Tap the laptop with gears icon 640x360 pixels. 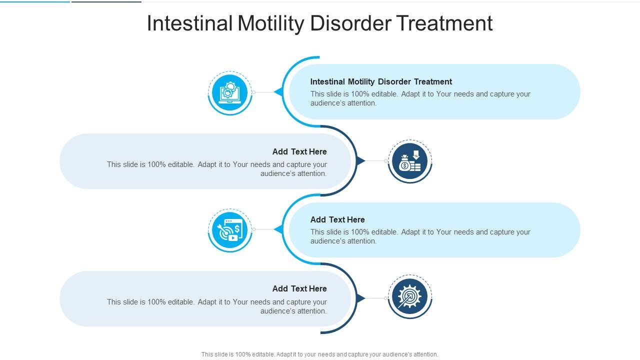[x=230, y=92]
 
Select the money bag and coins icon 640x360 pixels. [x=410, y=161]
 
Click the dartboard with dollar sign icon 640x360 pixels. [x=230, y=230]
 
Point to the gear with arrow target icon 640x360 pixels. [x=410, y=298]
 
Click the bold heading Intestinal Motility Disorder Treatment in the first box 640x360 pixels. [x=381, y=81]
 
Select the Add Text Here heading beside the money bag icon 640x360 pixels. [x=299, y=151]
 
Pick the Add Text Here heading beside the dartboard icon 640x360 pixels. [x=337, y=219]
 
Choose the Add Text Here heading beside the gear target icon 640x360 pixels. [x=299, y=288]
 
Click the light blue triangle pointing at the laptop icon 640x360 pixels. [x=278, y=92]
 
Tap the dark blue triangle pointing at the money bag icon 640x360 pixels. [x=360, y=161]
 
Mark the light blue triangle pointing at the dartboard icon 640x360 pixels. [x=278, y=229]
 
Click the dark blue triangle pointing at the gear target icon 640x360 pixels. [x=360, y=298]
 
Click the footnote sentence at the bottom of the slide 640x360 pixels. [x=319, y=354]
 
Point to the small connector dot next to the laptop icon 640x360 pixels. [x=253, y=92]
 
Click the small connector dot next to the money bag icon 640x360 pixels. [x=386, y=161]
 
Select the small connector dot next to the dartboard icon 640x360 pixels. [x=253, y=229]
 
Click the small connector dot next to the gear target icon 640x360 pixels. [x=386, y=298]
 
